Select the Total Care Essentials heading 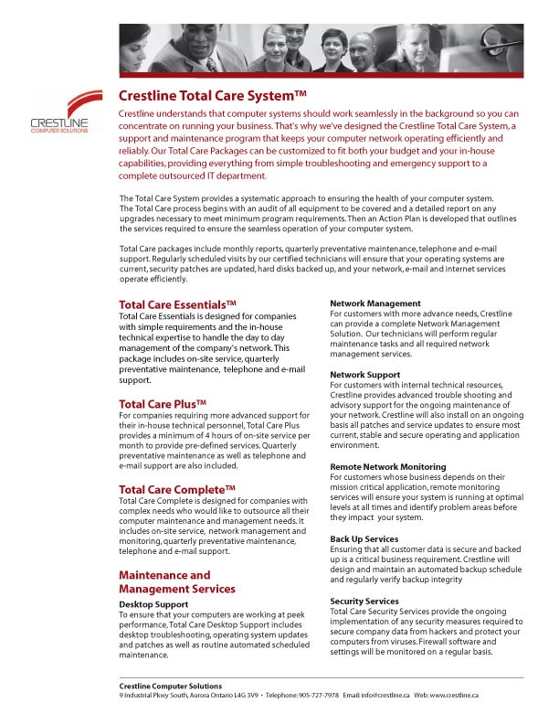coord(178,304)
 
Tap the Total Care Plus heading coord(163,403)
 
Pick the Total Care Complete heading coord(178,489)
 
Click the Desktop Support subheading coord(153,604)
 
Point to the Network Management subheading coord(374,303)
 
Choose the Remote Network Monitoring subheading coord(387,466)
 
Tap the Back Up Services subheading coord(364,539)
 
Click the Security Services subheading coord(364,601)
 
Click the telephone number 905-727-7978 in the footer coord(315,695)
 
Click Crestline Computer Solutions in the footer coord(169,686)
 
